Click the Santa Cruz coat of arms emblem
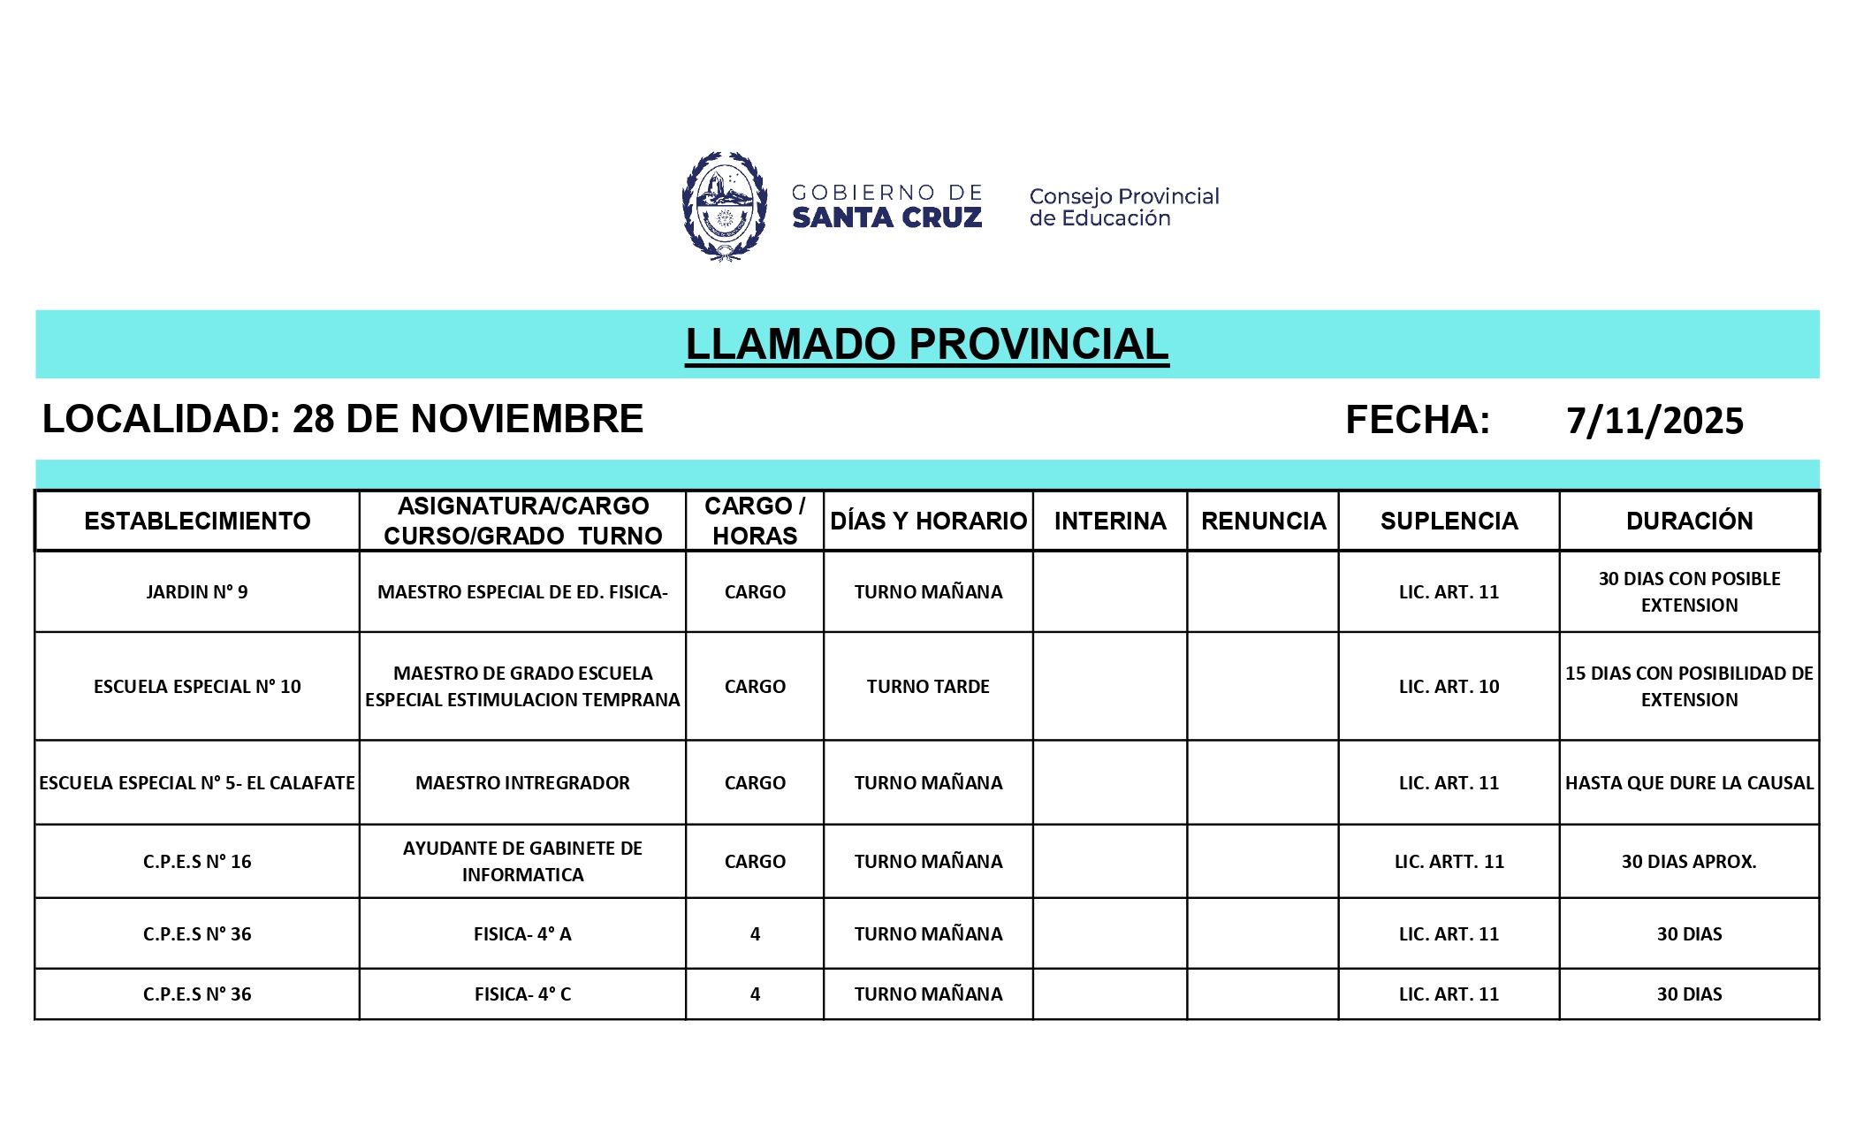point(724,206)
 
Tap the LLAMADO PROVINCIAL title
point(926,344)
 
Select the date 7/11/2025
point(1654,421)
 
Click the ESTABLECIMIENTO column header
point(197,521)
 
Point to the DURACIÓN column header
point(1688,521)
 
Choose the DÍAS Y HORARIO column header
point(928,521)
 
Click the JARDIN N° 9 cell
point(197,591)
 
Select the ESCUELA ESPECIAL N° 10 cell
point(197,686)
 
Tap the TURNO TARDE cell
point(928,686)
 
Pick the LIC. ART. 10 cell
point(1448,686)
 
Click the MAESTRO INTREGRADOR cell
point(522,782)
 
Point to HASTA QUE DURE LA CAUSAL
point(1688,782)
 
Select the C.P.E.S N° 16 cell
point(197,861)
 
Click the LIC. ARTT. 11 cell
point(1448,861)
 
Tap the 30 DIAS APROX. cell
point(1688,861)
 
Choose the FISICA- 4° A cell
point(522,933)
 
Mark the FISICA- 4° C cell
point(522,994)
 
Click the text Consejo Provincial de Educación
point(1123,207)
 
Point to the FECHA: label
point(1417,420)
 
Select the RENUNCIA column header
point(1263,521)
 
